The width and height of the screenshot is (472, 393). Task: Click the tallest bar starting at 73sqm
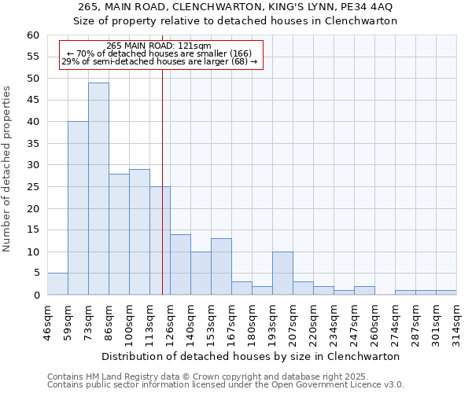click(98, 189)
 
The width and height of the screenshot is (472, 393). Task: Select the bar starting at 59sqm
click(78, 208)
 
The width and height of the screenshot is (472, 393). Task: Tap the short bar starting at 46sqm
click(57, 284)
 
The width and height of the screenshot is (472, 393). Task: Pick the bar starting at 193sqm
click(282, 274)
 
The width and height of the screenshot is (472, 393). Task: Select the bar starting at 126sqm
click(180, 265)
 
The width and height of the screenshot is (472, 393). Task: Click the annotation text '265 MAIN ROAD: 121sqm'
click(159, 46)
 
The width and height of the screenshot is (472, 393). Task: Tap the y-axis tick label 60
click(32, 35)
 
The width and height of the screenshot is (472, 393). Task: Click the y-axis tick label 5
click(35, 274)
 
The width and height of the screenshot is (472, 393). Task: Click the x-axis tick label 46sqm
click(48, 321)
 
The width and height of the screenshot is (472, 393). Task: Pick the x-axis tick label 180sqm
click(253, 321)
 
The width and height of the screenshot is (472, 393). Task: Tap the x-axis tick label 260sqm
click(375, 321)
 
